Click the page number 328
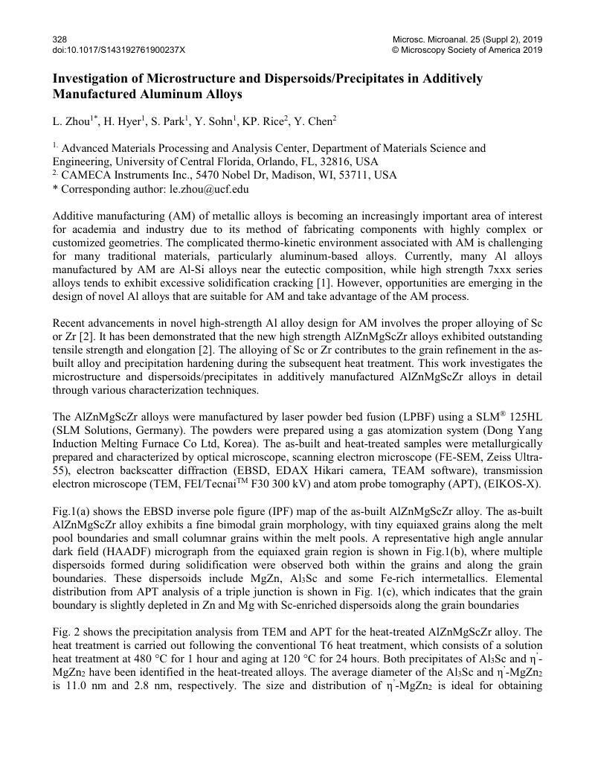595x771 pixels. point(59,39)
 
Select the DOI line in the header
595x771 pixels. point(119,50)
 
